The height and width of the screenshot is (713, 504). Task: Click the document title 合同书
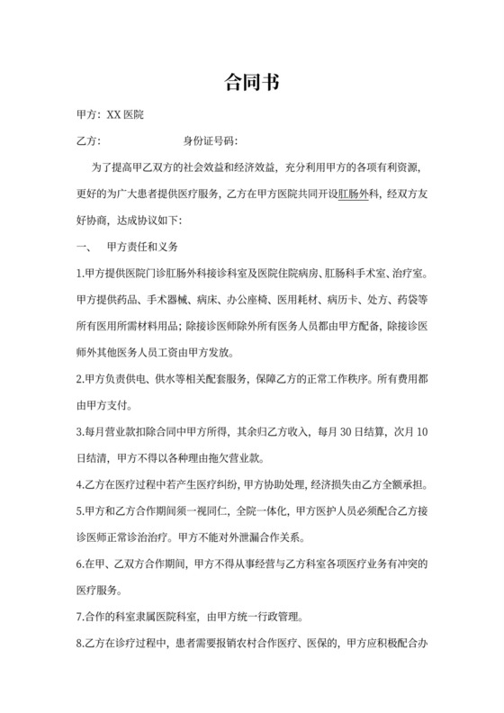pyautogui.click(x=251, y=84)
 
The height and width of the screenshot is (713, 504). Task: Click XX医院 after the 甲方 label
pyautogui.click(x=130, y=116)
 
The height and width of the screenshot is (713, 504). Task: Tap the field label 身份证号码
pyautogui.click(x=208, y=141)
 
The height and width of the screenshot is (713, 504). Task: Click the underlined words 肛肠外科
pyautogui.click(x=358, y=194)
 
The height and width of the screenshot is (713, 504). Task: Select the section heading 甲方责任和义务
pyautogui.click(x=143, y=246)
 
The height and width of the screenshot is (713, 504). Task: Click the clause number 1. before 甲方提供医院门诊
pyautogui.click(x=80, y=273)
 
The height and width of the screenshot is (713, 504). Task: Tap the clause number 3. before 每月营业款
pyautogui.click(x=80, y=431)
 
